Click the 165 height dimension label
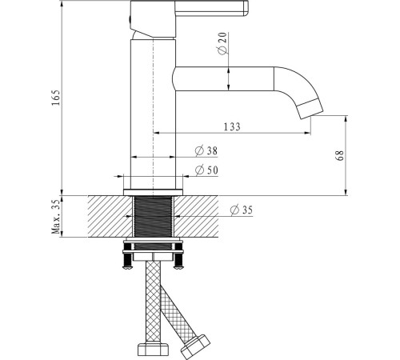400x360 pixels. click(56, 98)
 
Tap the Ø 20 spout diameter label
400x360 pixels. click(222, 43)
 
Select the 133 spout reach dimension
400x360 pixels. click(232, 126)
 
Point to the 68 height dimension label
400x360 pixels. click(340, 155)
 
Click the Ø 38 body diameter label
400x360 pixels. click(206, 150)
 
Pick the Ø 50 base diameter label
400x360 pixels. click(206, 170)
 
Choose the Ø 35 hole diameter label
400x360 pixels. click(241, 210)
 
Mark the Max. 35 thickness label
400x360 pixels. click(56, 216)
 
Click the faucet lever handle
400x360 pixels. click(211, 8)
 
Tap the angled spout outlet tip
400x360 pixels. click(310, 109)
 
